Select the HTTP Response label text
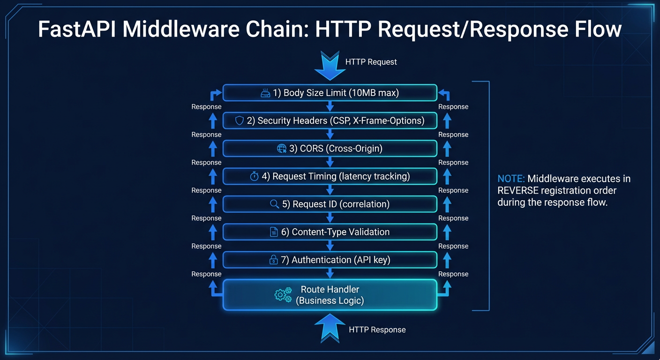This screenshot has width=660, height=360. [x=377, y=330]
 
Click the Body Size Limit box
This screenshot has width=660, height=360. [x=330, y=93]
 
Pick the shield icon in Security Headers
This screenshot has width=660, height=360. [x=240, y=121]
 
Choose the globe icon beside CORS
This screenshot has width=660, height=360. [x=282, y=149]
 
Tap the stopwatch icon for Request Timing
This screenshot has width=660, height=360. [x=255, y=177]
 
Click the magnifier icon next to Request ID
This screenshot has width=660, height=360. [x=275, y=204]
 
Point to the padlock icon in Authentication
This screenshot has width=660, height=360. [x=273, y=260]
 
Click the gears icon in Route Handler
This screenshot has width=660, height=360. [x=283, y=294]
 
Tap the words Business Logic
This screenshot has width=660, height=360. [x=330, y=300]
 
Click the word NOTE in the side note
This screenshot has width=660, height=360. [x=511, y=179]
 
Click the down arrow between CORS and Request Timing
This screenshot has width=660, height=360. [x=330, y=162]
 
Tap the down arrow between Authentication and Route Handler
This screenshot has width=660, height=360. [x=330, y=273]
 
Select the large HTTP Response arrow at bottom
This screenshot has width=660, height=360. [x=330, y=326]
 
